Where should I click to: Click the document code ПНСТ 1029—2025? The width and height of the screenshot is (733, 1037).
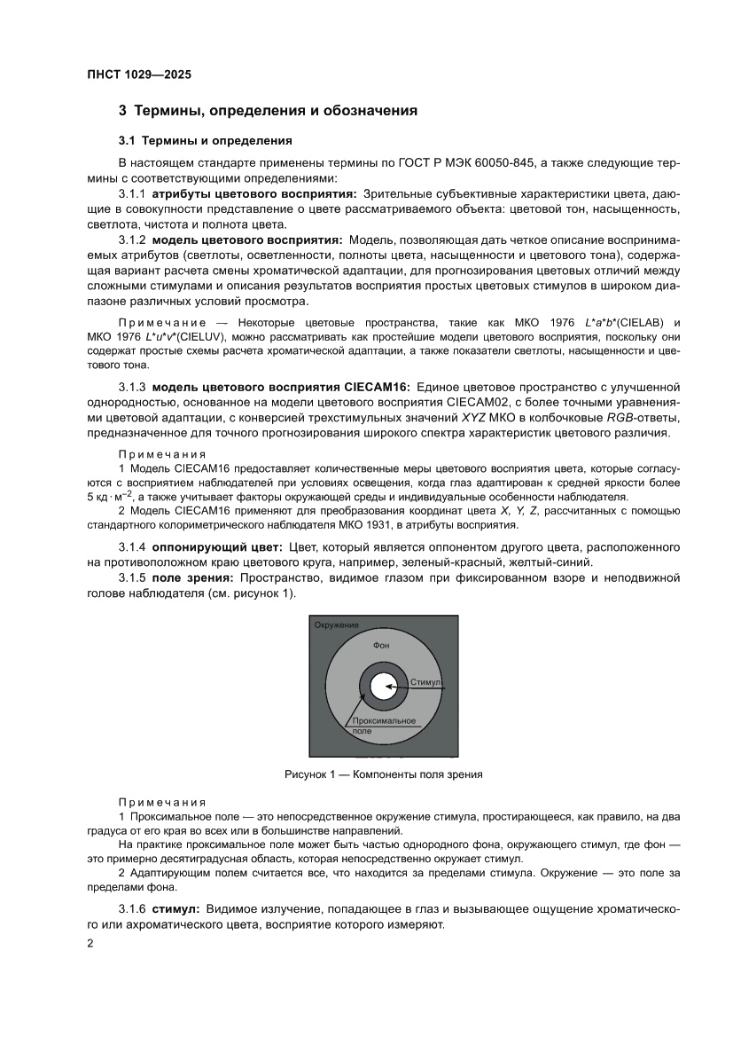click(x=139, y=75)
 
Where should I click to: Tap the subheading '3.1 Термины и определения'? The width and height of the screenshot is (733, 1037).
click(x=206, y=140)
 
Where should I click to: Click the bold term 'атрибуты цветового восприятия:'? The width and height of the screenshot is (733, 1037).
click(x=254, y=192)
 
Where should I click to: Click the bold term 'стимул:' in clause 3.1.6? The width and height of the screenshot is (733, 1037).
click(x=176, y=909)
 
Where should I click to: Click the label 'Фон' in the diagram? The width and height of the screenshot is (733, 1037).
click(x=382, y=646)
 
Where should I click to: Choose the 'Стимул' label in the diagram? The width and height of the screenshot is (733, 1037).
click(x=425, y=683)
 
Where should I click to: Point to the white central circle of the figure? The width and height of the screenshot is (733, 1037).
click(x=383, y=687)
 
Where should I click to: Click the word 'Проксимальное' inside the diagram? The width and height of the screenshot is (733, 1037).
click(x=383, y=720)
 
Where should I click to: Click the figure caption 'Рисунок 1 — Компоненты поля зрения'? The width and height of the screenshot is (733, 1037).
click(x=383, y=774)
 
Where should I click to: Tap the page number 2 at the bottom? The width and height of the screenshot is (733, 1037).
click(x=90, y=944)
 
